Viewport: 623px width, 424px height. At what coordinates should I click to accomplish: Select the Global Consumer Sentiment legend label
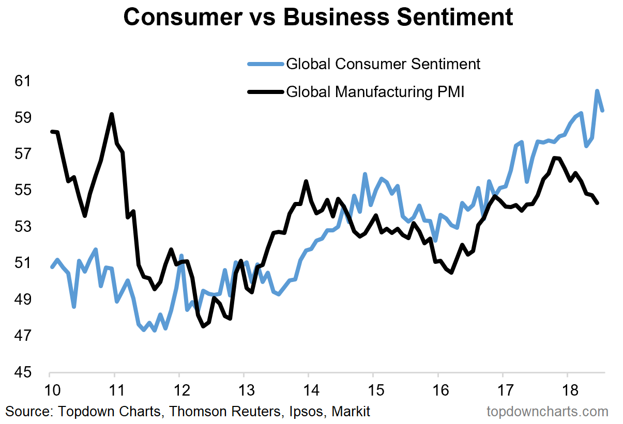pos(383,64)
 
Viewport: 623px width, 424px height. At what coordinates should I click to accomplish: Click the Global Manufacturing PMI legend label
pos(375,92)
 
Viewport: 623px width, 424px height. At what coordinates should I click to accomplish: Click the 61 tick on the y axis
pos(22,81)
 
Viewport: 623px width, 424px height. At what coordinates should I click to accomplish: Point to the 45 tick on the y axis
pos(22,373)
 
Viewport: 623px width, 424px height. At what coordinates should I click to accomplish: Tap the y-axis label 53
pos(22,227)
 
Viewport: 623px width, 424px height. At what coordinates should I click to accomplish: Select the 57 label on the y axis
pos(22,154)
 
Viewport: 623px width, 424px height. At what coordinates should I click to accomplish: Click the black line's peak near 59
pos(112,115)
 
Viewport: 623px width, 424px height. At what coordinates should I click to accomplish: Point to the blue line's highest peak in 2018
pos(597,91)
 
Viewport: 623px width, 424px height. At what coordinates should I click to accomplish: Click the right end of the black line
pos(597,203)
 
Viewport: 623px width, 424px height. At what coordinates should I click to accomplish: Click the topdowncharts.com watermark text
pos(548,412)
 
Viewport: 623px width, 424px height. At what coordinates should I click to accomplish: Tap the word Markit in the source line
pos(351,412)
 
